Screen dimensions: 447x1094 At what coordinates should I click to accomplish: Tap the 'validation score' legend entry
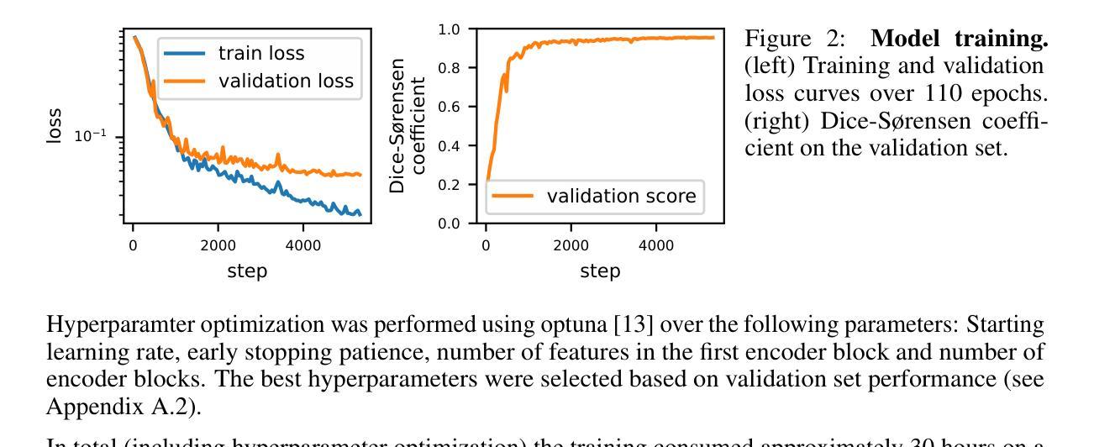621,197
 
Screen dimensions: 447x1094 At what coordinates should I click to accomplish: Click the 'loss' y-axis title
55,128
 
